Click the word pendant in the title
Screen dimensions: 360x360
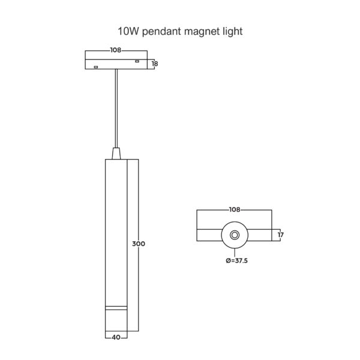pos(162,32)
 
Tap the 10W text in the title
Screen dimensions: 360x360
pos(128,31)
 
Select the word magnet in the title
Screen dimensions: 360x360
pos(202,32)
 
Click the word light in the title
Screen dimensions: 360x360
pos(232,32)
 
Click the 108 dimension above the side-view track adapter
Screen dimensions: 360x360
pos(115,50)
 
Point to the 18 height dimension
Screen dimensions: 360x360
pos(155,64)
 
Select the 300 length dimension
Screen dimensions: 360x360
pos(139,244)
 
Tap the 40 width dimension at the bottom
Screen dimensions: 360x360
pos(116,337)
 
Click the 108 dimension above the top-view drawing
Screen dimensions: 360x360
pos(235,209)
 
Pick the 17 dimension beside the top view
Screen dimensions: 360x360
pos(281,235)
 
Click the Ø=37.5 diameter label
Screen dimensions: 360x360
pos(237,260)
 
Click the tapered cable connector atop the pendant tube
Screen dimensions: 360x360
pos(116,154)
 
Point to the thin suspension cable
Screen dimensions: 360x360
pos(116,108)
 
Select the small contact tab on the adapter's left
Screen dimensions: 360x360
pos(96,67)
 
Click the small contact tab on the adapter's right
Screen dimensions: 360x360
pos(137,61)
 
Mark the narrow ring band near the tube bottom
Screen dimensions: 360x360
pos(116,308)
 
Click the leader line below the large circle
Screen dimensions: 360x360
pos(235,253)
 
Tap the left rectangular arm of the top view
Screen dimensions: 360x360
pos(209,235)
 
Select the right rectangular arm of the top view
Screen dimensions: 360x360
pos(260,235)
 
